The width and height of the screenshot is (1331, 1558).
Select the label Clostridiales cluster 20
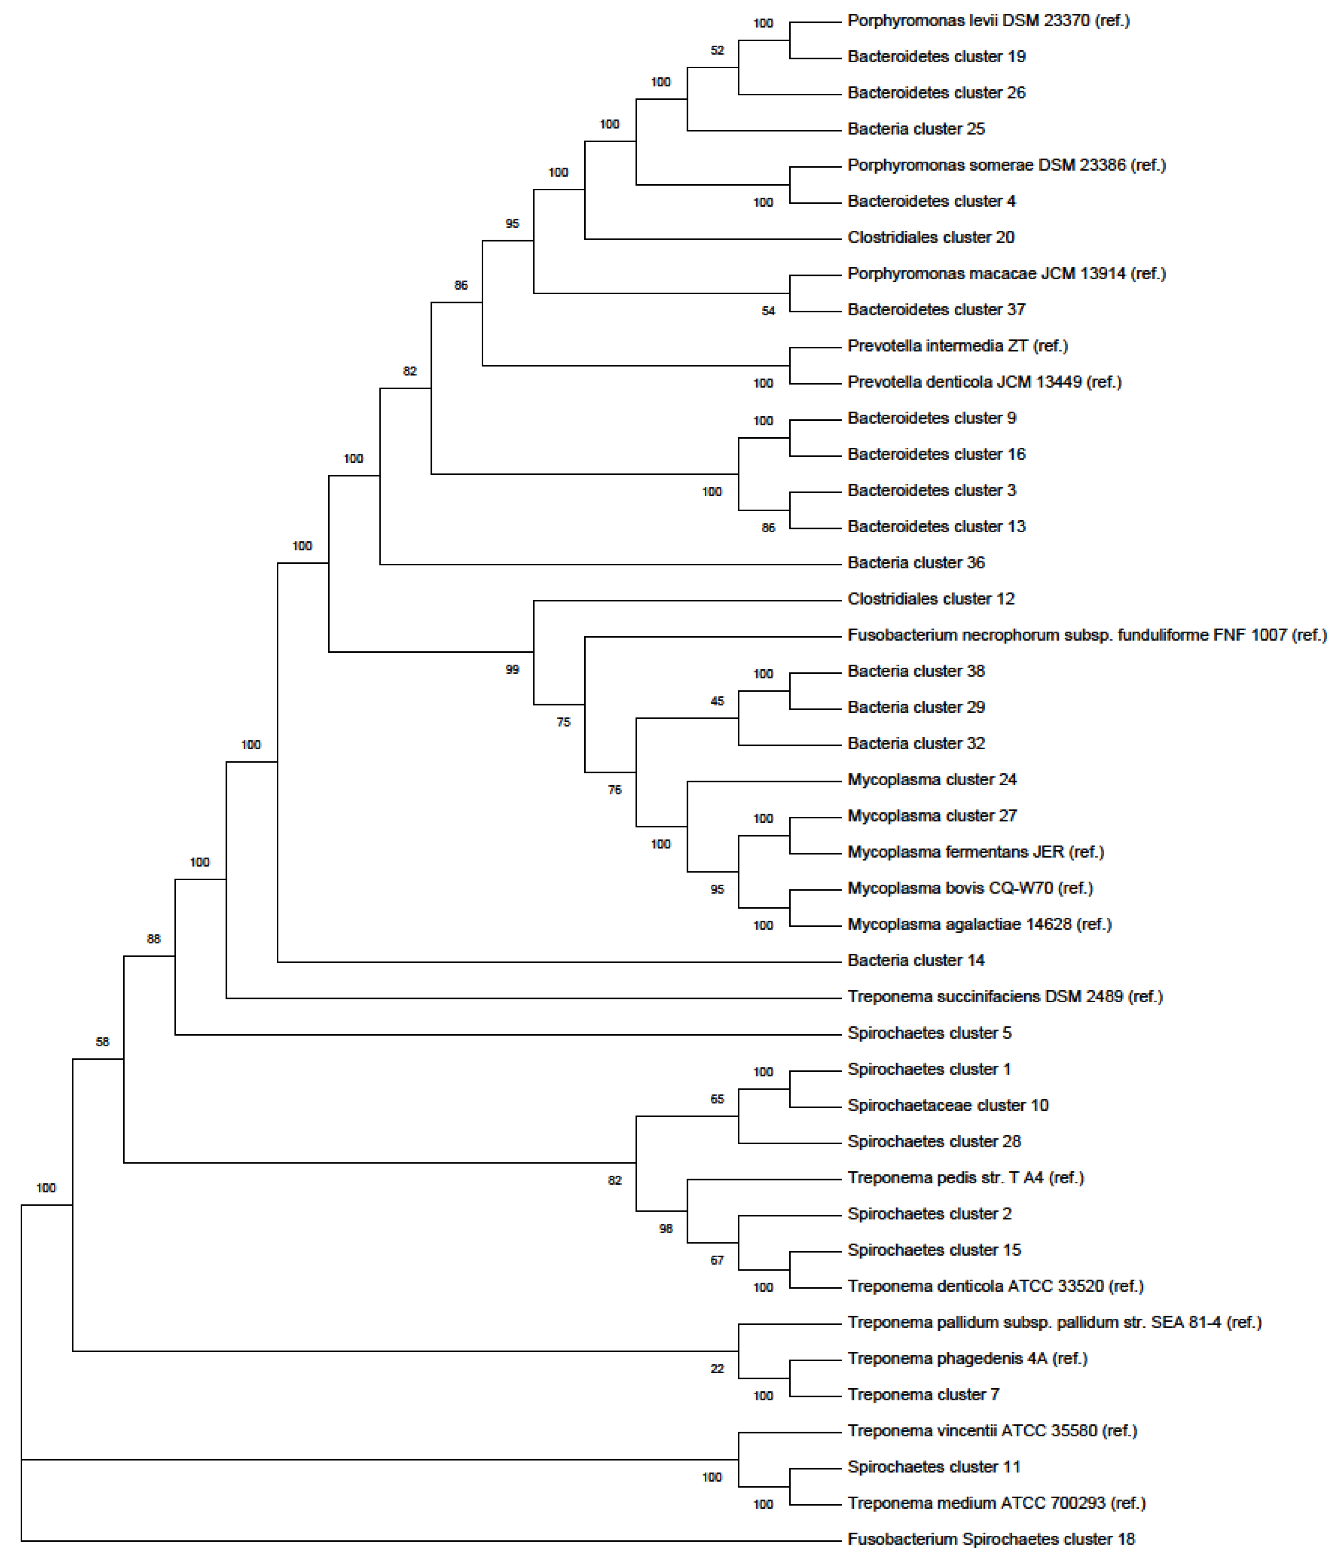(930, 238)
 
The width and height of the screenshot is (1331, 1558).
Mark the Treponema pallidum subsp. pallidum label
(1053, 1322)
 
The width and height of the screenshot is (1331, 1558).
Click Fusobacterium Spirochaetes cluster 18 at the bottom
(990, 1539)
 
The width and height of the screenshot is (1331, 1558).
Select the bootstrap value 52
(717, 51)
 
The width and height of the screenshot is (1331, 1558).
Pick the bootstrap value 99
(512, 669)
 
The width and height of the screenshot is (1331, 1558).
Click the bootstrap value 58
(102, 1041)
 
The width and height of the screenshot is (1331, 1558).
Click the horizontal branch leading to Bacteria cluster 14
(556, 962)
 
